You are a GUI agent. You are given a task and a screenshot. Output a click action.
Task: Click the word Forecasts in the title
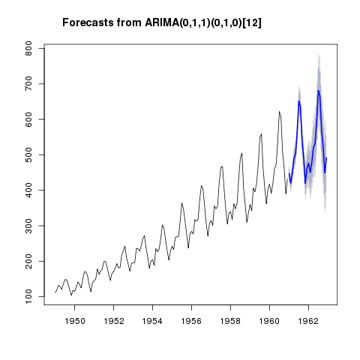point(88,22)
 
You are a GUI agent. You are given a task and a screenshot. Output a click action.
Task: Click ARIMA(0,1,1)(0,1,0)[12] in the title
point(203,22)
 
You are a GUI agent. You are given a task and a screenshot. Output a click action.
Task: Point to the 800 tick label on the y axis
point(29,49)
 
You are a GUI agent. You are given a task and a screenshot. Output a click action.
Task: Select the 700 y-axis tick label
point(29,84)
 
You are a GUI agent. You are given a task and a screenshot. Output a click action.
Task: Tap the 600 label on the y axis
point(29,119)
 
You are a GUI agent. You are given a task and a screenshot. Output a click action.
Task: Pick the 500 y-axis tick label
point(29,154)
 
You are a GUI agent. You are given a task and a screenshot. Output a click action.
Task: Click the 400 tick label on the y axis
point(29,190)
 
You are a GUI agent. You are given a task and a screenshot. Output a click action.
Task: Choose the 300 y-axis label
point(29,226)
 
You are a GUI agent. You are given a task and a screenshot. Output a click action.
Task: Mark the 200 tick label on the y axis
point(29,261)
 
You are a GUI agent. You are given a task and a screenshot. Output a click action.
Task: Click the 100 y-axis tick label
point(29,297)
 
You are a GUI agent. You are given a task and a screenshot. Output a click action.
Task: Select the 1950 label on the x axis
point(74,321)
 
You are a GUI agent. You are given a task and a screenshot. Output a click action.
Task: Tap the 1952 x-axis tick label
point(113,321)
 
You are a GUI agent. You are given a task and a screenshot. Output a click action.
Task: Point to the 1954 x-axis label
point(152,321)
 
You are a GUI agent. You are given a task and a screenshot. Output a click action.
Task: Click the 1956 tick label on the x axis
point(191,321)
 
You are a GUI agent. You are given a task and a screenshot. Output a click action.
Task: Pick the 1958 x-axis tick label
point(230,321)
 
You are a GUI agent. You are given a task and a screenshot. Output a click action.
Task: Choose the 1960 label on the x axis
point(269,321)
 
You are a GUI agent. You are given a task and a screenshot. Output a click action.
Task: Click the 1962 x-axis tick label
point(308,321)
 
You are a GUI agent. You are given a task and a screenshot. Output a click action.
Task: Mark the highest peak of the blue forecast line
point(318,90)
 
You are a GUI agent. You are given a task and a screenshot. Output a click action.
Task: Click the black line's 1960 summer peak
point(279,112)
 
